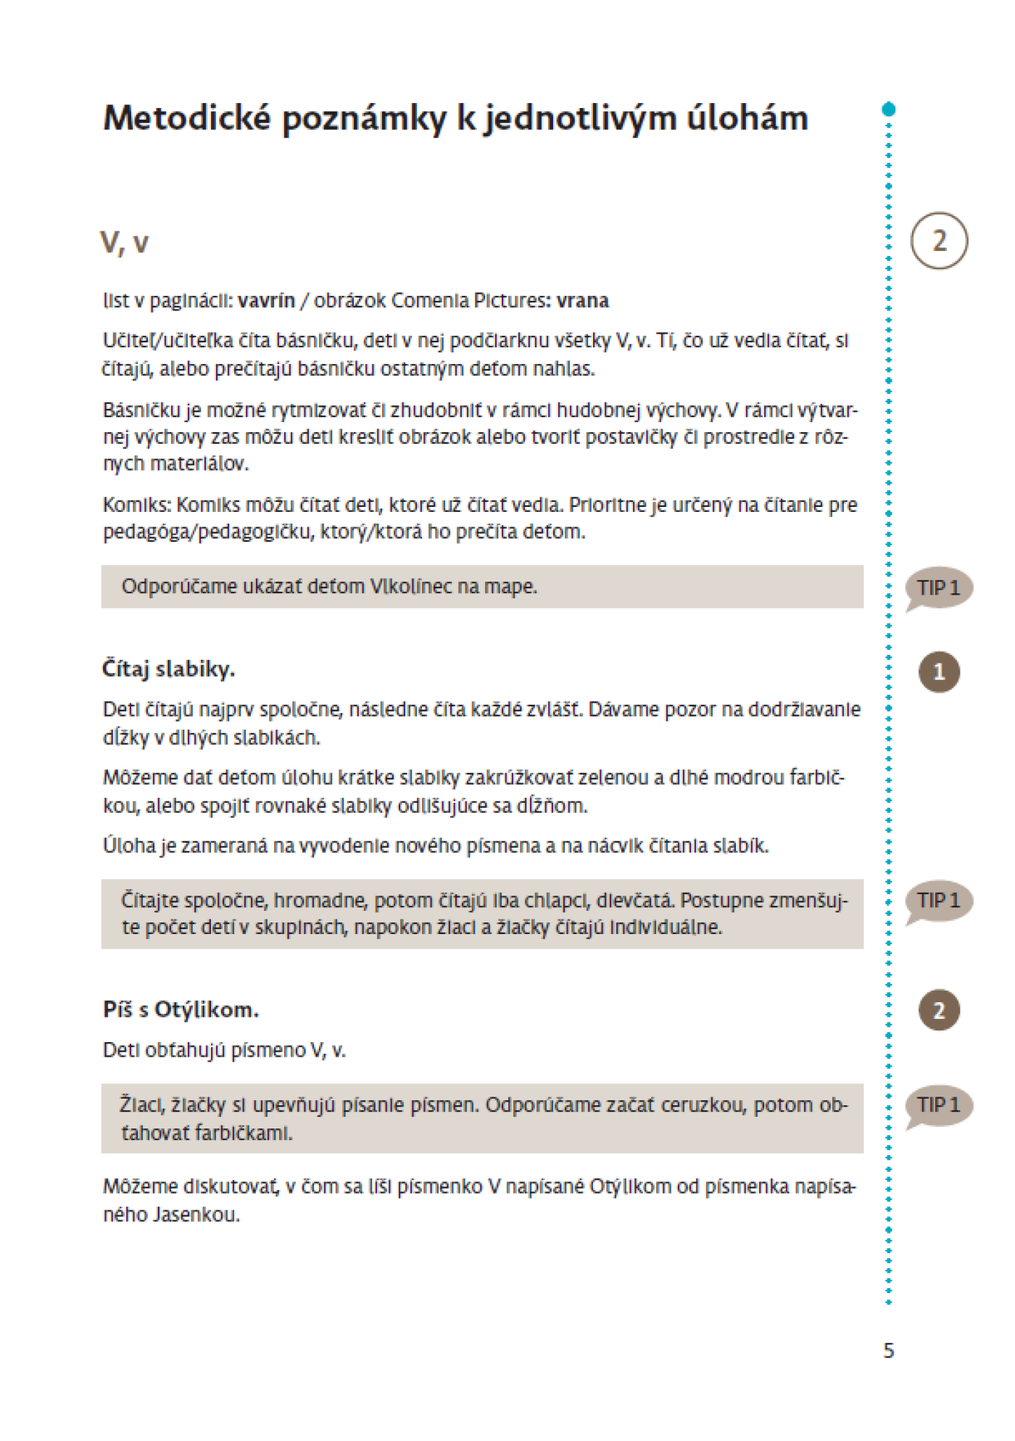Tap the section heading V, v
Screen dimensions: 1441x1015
124,243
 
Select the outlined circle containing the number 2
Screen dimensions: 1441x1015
939,241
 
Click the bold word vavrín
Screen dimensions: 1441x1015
267,301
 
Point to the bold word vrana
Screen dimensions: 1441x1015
582,301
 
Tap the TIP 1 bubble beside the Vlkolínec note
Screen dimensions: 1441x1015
939,587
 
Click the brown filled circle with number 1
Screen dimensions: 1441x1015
939,672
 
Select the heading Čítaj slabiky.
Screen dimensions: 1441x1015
168,669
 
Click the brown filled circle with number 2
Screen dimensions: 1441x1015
939,1010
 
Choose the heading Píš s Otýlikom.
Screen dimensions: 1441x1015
181,1009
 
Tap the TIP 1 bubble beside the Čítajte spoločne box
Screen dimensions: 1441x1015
939,901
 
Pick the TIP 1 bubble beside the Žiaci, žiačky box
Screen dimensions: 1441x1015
939,1105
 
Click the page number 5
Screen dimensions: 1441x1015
889,1350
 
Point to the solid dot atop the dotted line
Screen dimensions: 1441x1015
889,110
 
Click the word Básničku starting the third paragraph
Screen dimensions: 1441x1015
141,410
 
